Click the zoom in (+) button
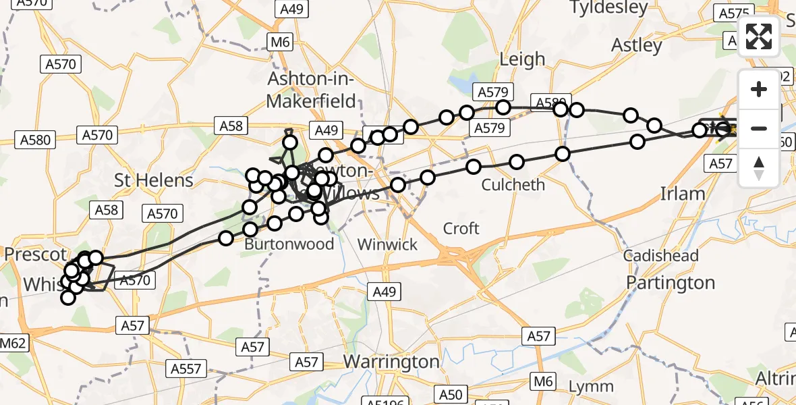point(759,89)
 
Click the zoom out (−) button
point(759,128)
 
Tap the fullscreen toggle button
point(759,36)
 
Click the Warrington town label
point(391,362)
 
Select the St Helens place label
point(154,180)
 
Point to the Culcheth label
point(513,184)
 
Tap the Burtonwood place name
point(289,244)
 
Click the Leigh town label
point(522,59)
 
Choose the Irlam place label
point(682,194)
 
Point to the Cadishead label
point(660,256)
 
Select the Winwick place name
point(388,244)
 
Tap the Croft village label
point(461,229)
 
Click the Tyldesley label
point(608,8)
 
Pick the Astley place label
point(637,45)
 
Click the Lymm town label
point(591,387)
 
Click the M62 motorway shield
point(13,342)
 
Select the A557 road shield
point(186,369)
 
